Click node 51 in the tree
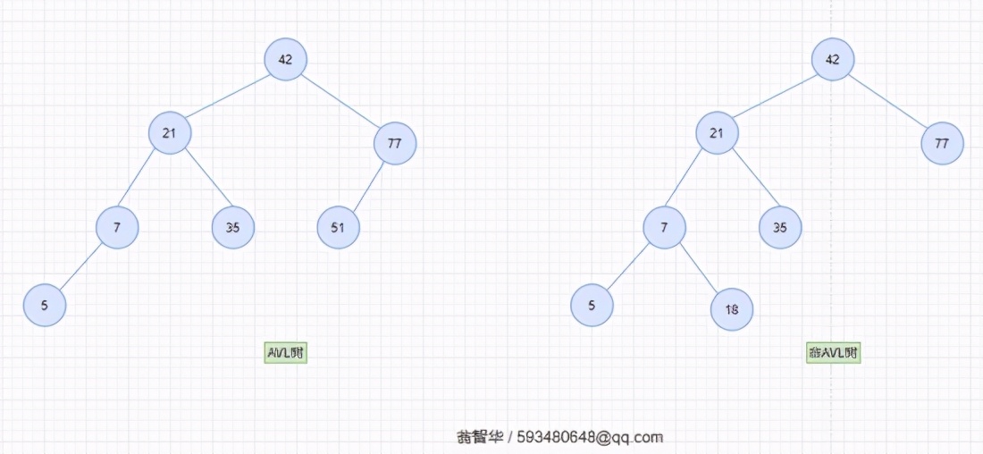tap(338, 227)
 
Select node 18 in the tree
tap(732, 309)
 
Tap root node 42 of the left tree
tap(286, 59)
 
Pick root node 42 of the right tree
tap(833, 59)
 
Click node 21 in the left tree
tap(170, 133)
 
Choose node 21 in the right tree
tap(718, 133)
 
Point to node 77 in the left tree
tap(395, 143)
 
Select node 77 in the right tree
tap(942, 143)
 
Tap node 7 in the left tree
tap(117, 227)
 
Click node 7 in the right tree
tap(664, 227)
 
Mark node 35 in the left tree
tap(233, 227)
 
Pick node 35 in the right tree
tap(780, 227)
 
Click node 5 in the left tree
tap(45, 305)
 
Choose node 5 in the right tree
tap(592, 305)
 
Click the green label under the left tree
tap(286, 353)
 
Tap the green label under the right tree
tap(833, 353)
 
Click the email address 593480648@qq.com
tap(590, 437)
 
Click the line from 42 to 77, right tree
tap(887, 101)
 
